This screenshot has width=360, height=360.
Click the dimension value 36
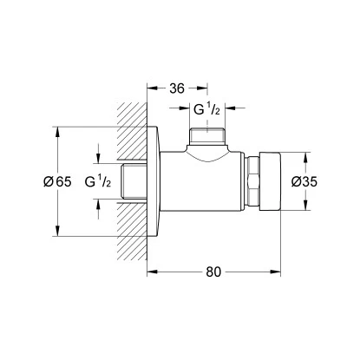coord(176,87)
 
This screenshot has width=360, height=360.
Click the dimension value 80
coord(214,272)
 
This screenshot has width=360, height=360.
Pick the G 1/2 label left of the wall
coord(101,183)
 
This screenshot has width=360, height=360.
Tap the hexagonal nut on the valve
coord(252,183)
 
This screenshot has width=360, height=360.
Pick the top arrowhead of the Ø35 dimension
coord(304,157)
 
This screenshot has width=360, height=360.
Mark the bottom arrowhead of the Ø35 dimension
coord(304,210)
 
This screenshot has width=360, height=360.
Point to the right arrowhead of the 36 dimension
coord(206,87)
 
